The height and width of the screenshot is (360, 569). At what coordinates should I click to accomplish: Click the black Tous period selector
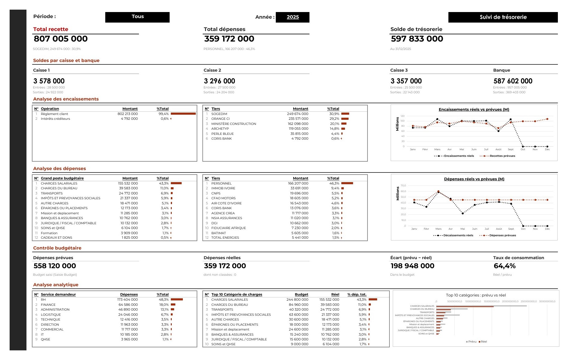[x=137, y=17]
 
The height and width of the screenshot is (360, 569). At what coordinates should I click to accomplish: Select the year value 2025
[x=293, y=17]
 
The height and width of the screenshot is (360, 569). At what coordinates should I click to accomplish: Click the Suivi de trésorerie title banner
[x=503, y=17]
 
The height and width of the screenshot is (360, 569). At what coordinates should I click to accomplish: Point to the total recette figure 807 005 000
[x=61, y=39]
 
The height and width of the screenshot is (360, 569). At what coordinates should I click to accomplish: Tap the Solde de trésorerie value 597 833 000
[x=417, y=39]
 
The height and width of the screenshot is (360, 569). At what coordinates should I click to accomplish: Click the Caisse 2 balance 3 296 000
[x=220, y=81]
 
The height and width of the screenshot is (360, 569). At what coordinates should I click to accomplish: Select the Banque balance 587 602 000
[x=513, y=81]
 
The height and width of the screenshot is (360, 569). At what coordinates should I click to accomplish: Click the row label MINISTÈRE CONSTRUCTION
[x=234, y=124]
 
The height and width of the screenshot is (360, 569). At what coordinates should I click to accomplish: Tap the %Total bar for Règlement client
[x=183, y=114]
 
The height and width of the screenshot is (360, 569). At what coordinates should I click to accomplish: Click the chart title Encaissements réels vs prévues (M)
[x=474, y=110]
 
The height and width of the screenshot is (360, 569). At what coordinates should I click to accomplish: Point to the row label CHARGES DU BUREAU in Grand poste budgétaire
[x=59, y=188]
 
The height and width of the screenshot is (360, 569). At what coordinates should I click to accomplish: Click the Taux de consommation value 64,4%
[x=505, y=266]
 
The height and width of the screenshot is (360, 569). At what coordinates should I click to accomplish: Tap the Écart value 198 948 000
[x=412, y=266]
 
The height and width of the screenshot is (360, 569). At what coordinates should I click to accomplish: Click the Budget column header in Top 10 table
[x=301, y=294]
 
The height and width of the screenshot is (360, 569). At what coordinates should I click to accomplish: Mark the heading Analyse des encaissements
[x=66, y=99]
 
